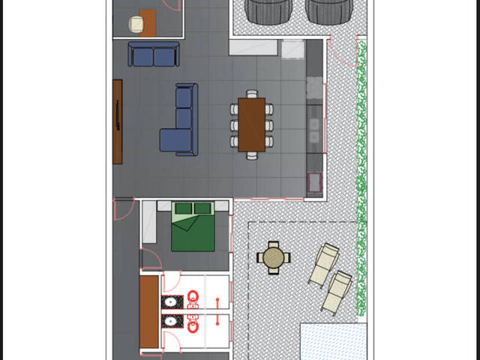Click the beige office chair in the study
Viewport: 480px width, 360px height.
136,24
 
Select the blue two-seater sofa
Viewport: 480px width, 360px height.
154,55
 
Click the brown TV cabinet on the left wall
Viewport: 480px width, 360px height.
117,121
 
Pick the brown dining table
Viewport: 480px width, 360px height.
252,124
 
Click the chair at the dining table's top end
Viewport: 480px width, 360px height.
252,94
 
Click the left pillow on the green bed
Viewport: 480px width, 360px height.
184,208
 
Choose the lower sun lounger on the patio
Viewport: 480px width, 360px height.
337,291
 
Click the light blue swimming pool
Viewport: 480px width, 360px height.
332,341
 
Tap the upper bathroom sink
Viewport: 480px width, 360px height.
171,302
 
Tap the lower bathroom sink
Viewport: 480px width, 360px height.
171,322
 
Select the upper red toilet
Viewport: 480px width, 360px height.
193,301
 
